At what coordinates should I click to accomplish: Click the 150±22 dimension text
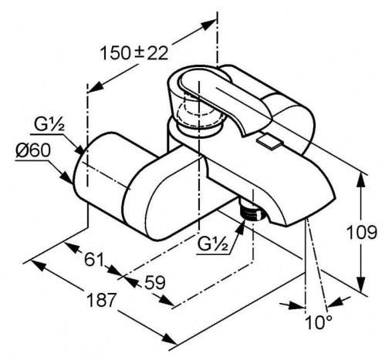coord(133,53)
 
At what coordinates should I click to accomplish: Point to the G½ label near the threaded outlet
coord(213,244)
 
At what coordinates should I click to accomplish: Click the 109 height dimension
coord(362,232)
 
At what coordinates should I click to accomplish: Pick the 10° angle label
coord(318,322)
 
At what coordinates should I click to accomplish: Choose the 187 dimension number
coord(101,300)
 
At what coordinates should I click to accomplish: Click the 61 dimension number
coord(93,260)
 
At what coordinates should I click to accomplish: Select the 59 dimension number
coord(154,283)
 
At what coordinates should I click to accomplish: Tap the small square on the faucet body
coord(269,141)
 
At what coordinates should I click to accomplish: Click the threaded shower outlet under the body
coord(252,210)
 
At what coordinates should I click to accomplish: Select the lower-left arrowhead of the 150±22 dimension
coord(96,86)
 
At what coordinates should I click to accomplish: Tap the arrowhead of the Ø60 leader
coord(67,177)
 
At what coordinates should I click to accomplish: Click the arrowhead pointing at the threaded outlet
coord(240,227)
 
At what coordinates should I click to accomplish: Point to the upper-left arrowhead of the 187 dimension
coord(37,265)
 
